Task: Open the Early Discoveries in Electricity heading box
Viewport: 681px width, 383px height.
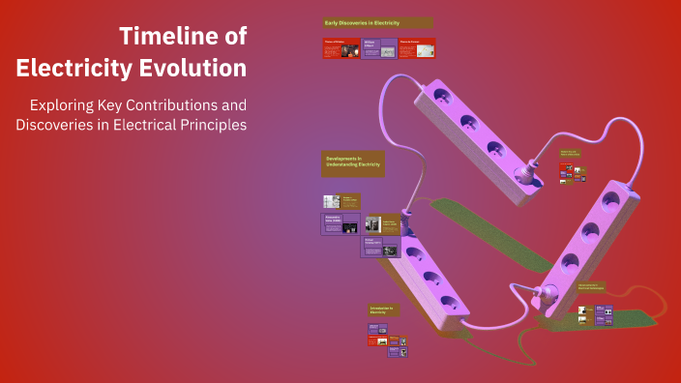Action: click(377, 22)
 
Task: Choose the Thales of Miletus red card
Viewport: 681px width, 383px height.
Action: click(340, 48)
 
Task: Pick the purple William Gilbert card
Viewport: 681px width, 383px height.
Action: click(378, 48)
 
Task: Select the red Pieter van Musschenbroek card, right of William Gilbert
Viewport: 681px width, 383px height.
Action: click(416, 48)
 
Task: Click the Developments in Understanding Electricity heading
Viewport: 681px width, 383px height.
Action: click(353, 162)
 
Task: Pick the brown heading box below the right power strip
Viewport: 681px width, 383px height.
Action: click(594, 287)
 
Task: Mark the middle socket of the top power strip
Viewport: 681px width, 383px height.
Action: click(468, 123)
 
